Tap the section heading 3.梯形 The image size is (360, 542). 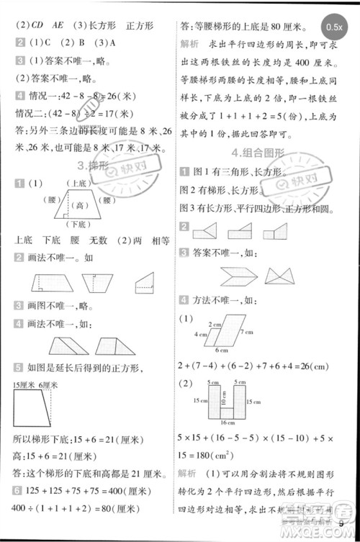pyautogui.click(x=92, y=166)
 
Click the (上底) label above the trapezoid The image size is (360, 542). pyautogui.click(x=78, y=184)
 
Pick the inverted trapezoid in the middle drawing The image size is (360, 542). pyautogui.click(x=96, y=282)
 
